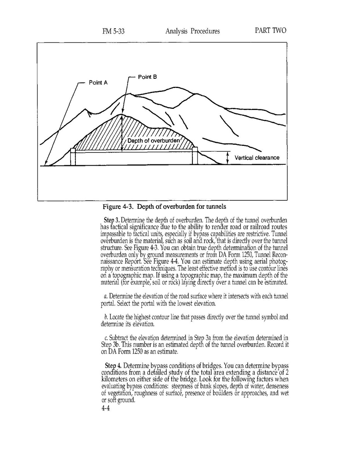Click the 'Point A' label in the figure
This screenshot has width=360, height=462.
click(x=98, y=83)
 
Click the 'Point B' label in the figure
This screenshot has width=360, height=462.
click(x=147, y=77)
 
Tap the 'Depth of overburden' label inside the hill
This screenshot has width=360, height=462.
click(x=154, y=141)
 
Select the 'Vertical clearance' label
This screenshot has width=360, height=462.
click(x=257, y=158)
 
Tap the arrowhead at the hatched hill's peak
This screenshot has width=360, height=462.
click(x=122, y=116)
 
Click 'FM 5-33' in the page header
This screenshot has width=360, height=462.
click(x=113, y=31)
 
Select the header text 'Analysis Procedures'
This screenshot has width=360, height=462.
click(x=192, y=31)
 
